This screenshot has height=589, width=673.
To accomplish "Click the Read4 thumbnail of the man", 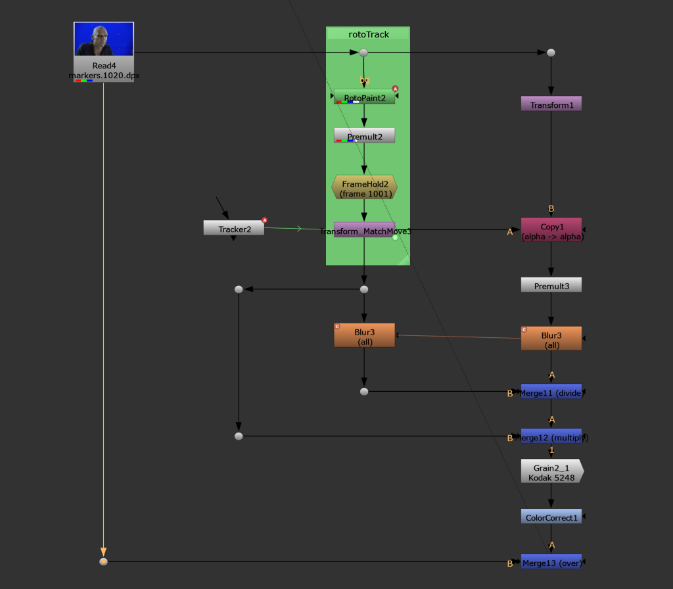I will point(104,39).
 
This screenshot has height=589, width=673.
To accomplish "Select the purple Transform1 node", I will point(551,105).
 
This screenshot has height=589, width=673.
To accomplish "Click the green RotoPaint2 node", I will point(364,97).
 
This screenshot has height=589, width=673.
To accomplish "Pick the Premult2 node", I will point(364,136).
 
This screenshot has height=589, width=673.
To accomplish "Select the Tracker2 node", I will point(233,229).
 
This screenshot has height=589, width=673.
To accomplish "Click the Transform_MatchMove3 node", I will point(365,230).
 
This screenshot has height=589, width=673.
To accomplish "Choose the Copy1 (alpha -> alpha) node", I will point(551,231).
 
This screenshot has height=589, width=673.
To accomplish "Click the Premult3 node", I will point(551,285).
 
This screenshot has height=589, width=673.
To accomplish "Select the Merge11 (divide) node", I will point(551,392).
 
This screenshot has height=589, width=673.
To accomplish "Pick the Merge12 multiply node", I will point(551,436).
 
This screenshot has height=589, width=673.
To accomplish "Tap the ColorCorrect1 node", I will point(551,517).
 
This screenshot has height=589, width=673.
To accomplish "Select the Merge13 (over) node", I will point(551,562).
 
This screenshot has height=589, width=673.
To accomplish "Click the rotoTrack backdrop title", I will point(368,34).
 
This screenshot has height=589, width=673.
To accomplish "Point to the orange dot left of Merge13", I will point(103,561).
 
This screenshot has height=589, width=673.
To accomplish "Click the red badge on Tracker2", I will point(265,220).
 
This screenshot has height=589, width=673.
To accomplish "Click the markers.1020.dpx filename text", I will point(104,75).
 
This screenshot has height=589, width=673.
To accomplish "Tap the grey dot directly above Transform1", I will point(551,53).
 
